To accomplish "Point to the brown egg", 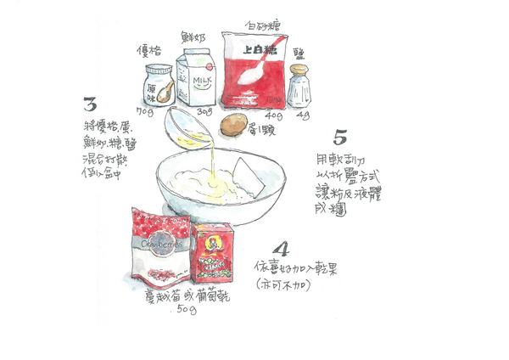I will [x=233, y=125].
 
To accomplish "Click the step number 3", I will [x=89, y=105].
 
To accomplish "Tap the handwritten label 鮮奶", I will [x=194, y=37].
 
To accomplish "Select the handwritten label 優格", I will [x=150, y=51].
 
